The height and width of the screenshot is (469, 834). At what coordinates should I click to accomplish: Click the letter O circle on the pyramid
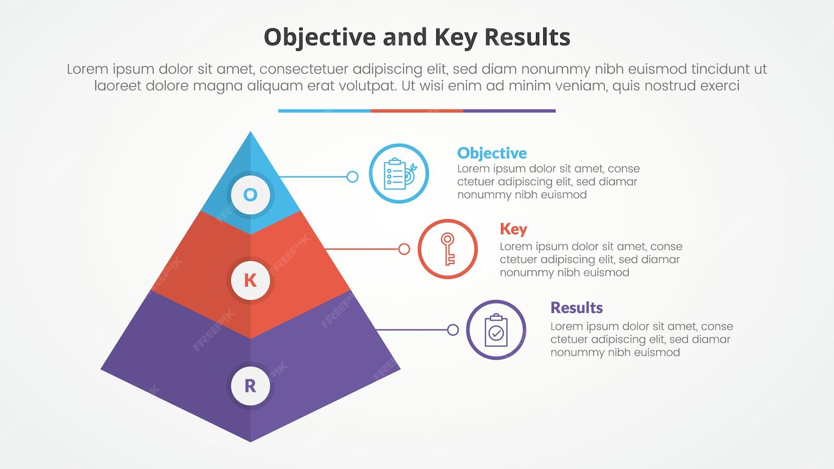(250, 195)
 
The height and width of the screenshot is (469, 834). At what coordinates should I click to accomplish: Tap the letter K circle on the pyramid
(250, 280)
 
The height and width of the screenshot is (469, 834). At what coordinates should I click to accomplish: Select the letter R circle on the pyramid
(250, 386)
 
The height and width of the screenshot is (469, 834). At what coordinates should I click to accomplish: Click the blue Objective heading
(492, 153)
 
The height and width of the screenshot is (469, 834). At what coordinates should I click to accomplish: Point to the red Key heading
(513, 229)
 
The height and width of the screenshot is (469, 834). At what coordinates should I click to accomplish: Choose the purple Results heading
(577, 308)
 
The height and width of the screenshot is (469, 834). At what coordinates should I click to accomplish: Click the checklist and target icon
(399, 173)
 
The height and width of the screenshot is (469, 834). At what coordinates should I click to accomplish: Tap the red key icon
(448, 249)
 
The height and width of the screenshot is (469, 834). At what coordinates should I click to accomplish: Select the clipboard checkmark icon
(496, 330)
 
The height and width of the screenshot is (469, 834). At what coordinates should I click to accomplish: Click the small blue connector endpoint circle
(352, 177)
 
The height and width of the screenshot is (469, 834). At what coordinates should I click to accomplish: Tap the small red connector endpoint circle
(404, 249)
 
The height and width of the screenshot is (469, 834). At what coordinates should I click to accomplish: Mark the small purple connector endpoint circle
(453, 330)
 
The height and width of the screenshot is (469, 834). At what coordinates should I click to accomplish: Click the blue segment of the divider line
(325, 111)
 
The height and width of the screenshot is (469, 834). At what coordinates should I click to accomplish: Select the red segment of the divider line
(417, 111)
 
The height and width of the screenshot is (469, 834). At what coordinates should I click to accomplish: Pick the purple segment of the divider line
(509, 111)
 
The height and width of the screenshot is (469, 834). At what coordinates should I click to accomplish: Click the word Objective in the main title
(320, 37)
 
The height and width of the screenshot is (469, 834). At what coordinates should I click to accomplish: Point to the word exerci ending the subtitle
(717, 86)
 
